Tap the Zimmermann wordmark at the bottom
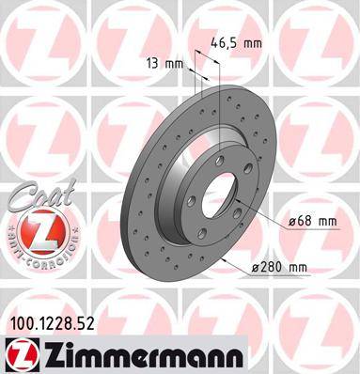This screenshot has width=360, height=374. [x=140, y=355]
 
